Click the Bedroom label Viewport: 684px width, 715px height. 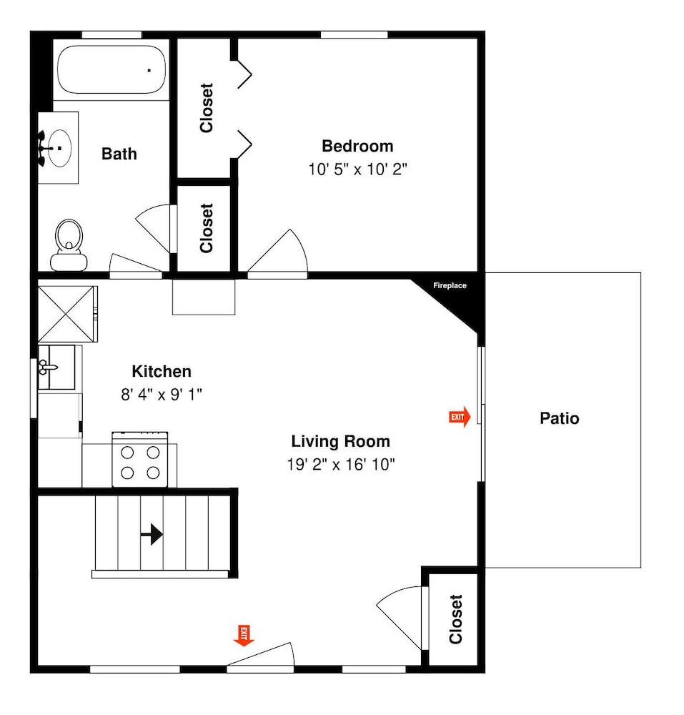click(357, 147)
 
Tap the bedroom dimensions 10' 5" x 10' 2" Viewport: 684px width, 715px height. click(357, 169)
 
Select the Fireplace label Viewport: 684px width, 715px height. click(450, 285)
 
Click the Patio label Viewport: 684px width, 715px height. click(559, 418)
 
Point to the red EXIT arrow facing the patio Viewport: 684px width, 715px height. click(460, 417)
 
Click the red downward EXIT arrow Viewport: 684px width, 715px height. click(244, 636)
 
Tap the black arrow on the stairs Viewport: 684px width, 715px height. click(152, 534)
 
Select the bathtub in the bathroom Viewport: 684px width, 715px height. click(111, 70)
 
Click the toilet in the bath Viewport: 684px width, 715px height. click(69, 245)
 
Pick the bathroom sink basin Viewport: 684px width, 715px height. click(60, 148)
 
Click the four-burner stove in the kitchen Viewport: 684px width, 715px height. click(140, 459)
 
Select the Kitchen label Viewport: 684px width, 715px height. click(162, 371)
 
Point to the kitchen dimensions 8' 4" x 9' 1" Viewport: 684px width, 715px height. click(162, 395)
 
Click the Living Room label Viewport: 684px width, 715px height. click(340, 441)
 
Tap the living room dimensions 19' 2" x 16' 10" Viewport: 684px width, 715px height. click(340, 465)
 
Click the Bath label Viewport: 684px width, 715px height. click(119, 154)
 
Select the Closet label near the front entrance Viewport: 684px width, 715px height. click(456, 618)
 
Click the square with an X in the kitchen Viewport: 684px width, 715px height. click(67, 314)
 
